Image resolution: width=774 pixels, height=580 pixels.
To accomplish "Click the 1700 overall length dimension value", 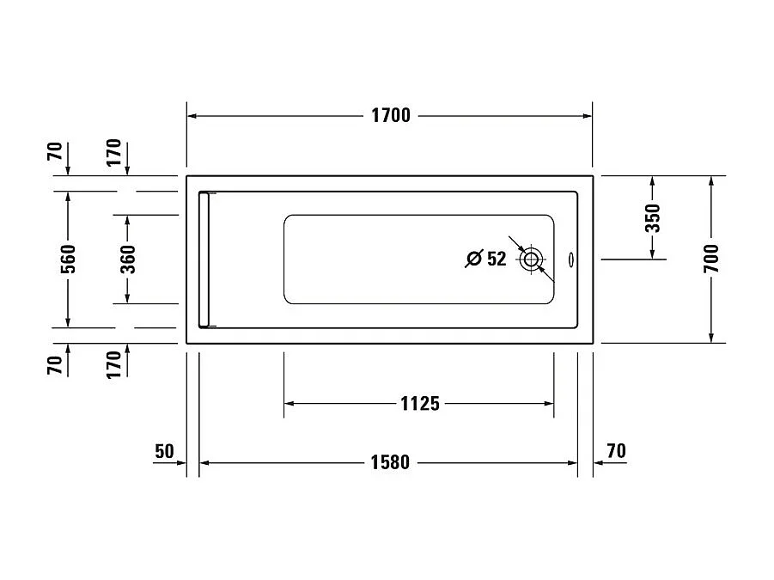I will coord(390,116).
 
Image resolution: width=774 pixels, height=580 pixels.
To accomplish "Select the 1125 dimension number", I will coord(419,403).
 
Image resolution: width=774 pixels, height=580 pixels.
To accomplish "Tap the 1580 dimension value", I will coord(390,463).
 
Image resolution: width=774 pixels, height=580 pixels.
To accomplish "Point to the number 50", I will coord(164,451).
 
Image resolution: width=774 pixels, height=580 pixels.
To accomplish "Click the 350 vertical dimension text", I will coord(653,218).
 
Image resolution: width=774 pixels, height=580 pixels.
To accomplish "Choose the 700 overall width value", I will coord(711,259).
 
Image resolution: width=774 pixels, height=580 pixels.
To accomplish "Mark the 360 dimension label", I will coord(126,259).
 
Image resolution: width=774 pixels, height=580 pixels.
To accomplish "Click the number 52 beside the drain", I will coord(497,259).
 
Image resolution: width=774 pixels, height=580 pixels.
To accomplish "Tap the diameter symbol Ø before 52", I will coord(473,259).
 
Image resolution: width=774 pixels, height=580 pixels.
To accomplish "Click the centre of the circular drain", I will coord(531,259).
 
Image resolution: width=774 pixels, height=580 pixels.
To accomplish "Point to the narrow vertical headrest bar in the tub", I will coord(204,259).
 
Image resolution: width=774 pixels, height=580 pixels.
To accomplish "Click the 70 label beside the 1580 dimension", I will coord(615,451).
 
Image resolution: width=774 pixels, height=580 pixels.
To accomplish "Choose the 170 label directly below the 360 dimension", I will coord(113,364).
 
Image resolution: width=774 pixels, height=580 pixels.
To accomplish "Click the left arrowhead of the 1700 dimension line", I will coord(193,116).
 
